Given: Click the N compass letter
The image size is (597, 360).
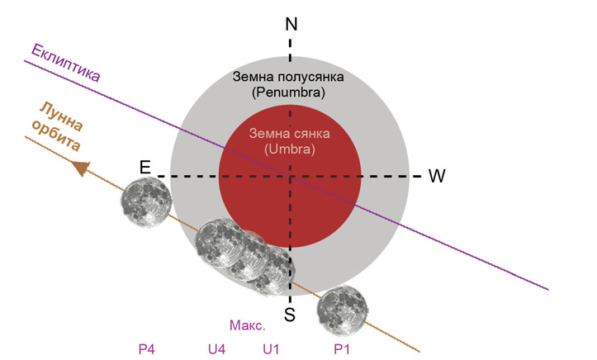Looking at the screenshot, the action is [291, 24].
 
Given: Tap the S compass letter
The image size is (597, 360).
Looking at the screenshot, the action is [290, 315].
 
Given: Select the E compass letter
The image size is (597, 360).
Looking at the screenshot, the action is [145, 167].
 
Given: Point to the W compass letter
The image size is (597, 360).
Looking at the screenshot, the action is [437, 176].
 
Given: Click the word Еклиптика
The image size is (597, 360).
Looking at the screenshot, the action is [65, 64].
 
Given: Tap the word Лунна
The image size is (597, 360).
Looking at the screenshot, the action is [62, 116].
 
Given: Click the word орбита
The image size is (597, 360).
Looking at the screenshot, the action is [56, 136].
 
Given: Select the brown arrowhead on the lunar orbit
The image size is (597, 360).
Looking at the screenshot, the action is [81, 168].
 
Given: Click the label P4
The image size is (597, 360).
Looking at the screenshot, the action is [147, 349].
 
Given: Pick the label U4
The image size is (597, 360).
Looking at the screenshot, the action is [216, 349].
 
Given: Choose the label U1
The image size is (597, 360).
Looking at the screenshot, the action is [271, 349].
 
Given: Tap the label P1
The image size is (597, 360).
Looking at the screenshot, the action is [342, 349].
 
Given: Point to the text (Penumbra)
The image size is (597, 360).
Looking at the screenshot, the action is [288, 92].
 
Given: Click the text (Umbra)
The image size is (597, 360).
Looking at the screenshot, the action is [290, 149].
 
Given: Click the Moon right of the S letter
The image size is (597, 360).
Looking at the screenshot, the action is [343, 311].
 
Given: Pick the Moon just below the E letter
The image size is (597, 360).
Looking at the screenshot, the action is [147, 203].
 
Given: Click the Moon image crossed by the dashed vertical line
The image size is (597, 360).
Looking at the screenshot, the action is [270, 271].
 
